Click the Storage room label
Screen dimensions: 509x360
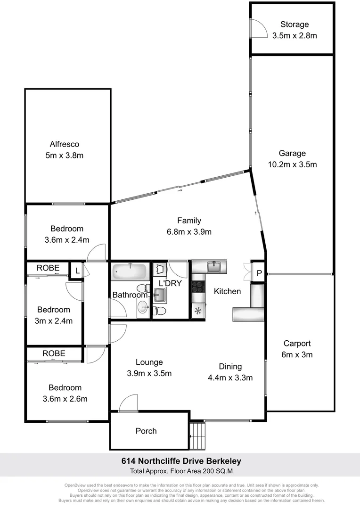294,25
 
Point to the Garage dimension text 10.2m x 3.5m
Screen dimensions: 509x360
292,164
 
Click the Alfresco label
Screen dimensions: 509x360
65,145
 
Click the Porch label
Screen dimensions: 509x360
146,431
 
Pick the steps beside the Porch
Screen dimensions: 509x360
198,436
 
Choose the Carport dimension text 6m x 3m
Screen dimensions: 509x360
297,354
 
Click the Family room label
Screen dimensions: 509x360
189,221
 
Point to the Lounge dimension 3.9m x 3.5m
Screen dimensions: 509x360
149,374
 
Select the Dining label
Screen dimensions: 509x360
230,366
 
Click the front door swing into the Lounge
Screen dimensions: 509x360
128,404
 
